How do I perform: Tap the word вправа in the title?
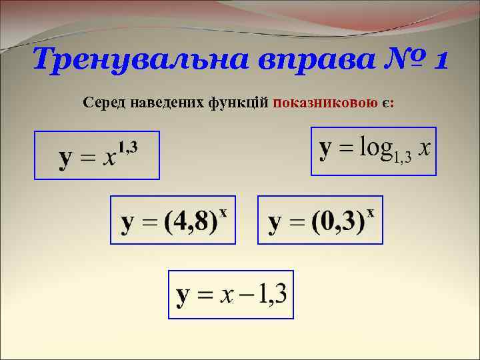coord(290,61)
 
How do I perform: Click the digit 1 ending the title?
coord(441,61)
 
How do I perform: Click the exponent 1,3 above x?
coord(128,146)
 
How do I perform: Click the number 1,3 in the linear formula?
coord(272,295)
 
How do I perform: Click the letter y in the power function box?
coord(66,159)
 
